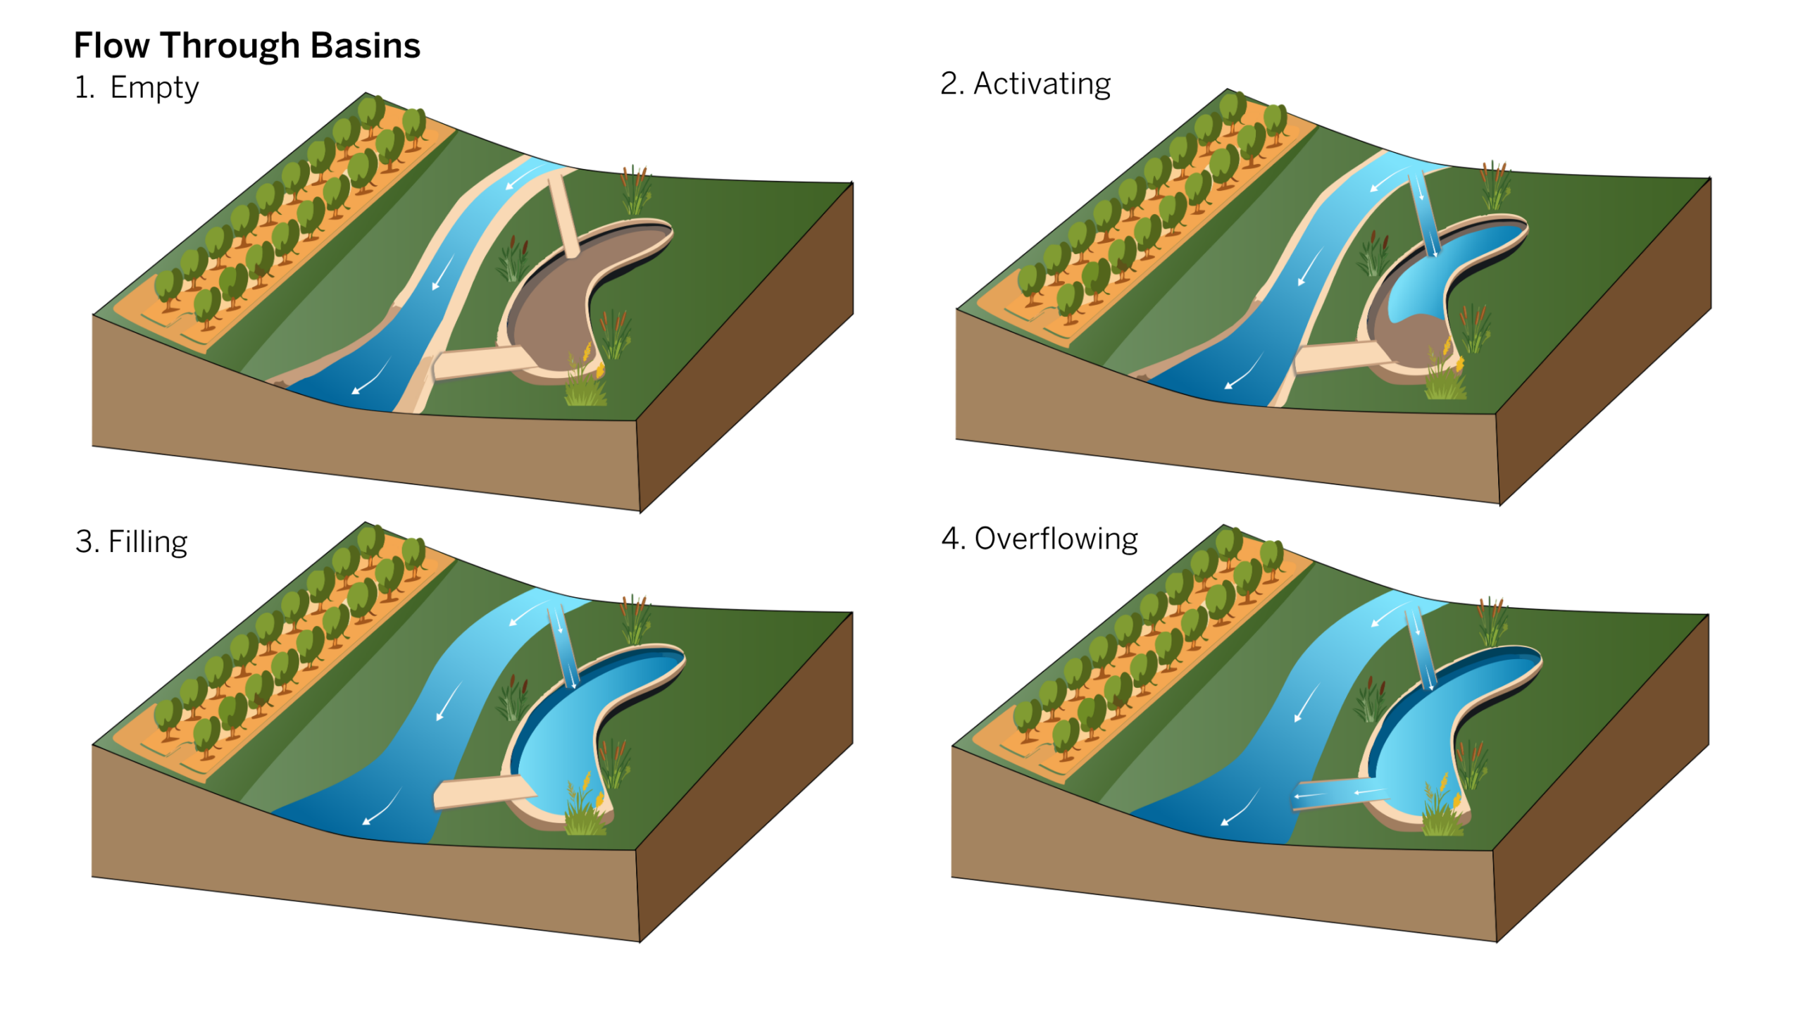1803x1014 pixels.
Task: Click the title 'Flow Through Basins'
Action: [x=247, y=46]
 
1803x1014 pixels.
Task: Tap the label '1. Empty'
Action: [x=137, y=88]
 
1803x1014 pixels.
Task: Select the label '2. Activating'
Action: [x=1025, y=84]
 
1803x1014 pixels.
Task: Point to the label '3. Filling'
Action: [x=131, y=542]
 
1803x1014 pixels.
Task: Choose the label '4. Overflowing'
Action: [x=1040, y=539]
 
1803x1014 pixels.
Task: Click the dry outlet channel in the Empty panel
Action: [x=479, y=362]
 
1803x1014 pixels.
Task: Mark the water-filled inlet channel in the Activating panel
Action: [x=1423, y=215]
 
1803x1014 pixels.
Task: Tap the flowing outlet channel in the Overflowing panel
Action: [x=1338, y=794]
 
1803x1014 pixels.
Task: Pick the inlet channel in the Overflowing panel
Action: [x=1421, y=648]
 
